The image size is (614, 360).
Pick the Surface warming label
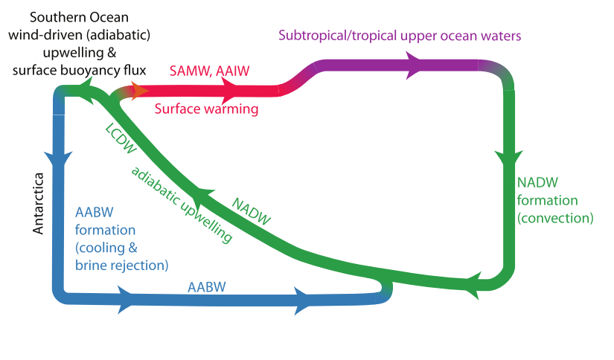pyautogui.click(x=206, y=109)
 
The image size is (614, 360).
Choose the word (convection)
pyautogui.click(x=554, y=218)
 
